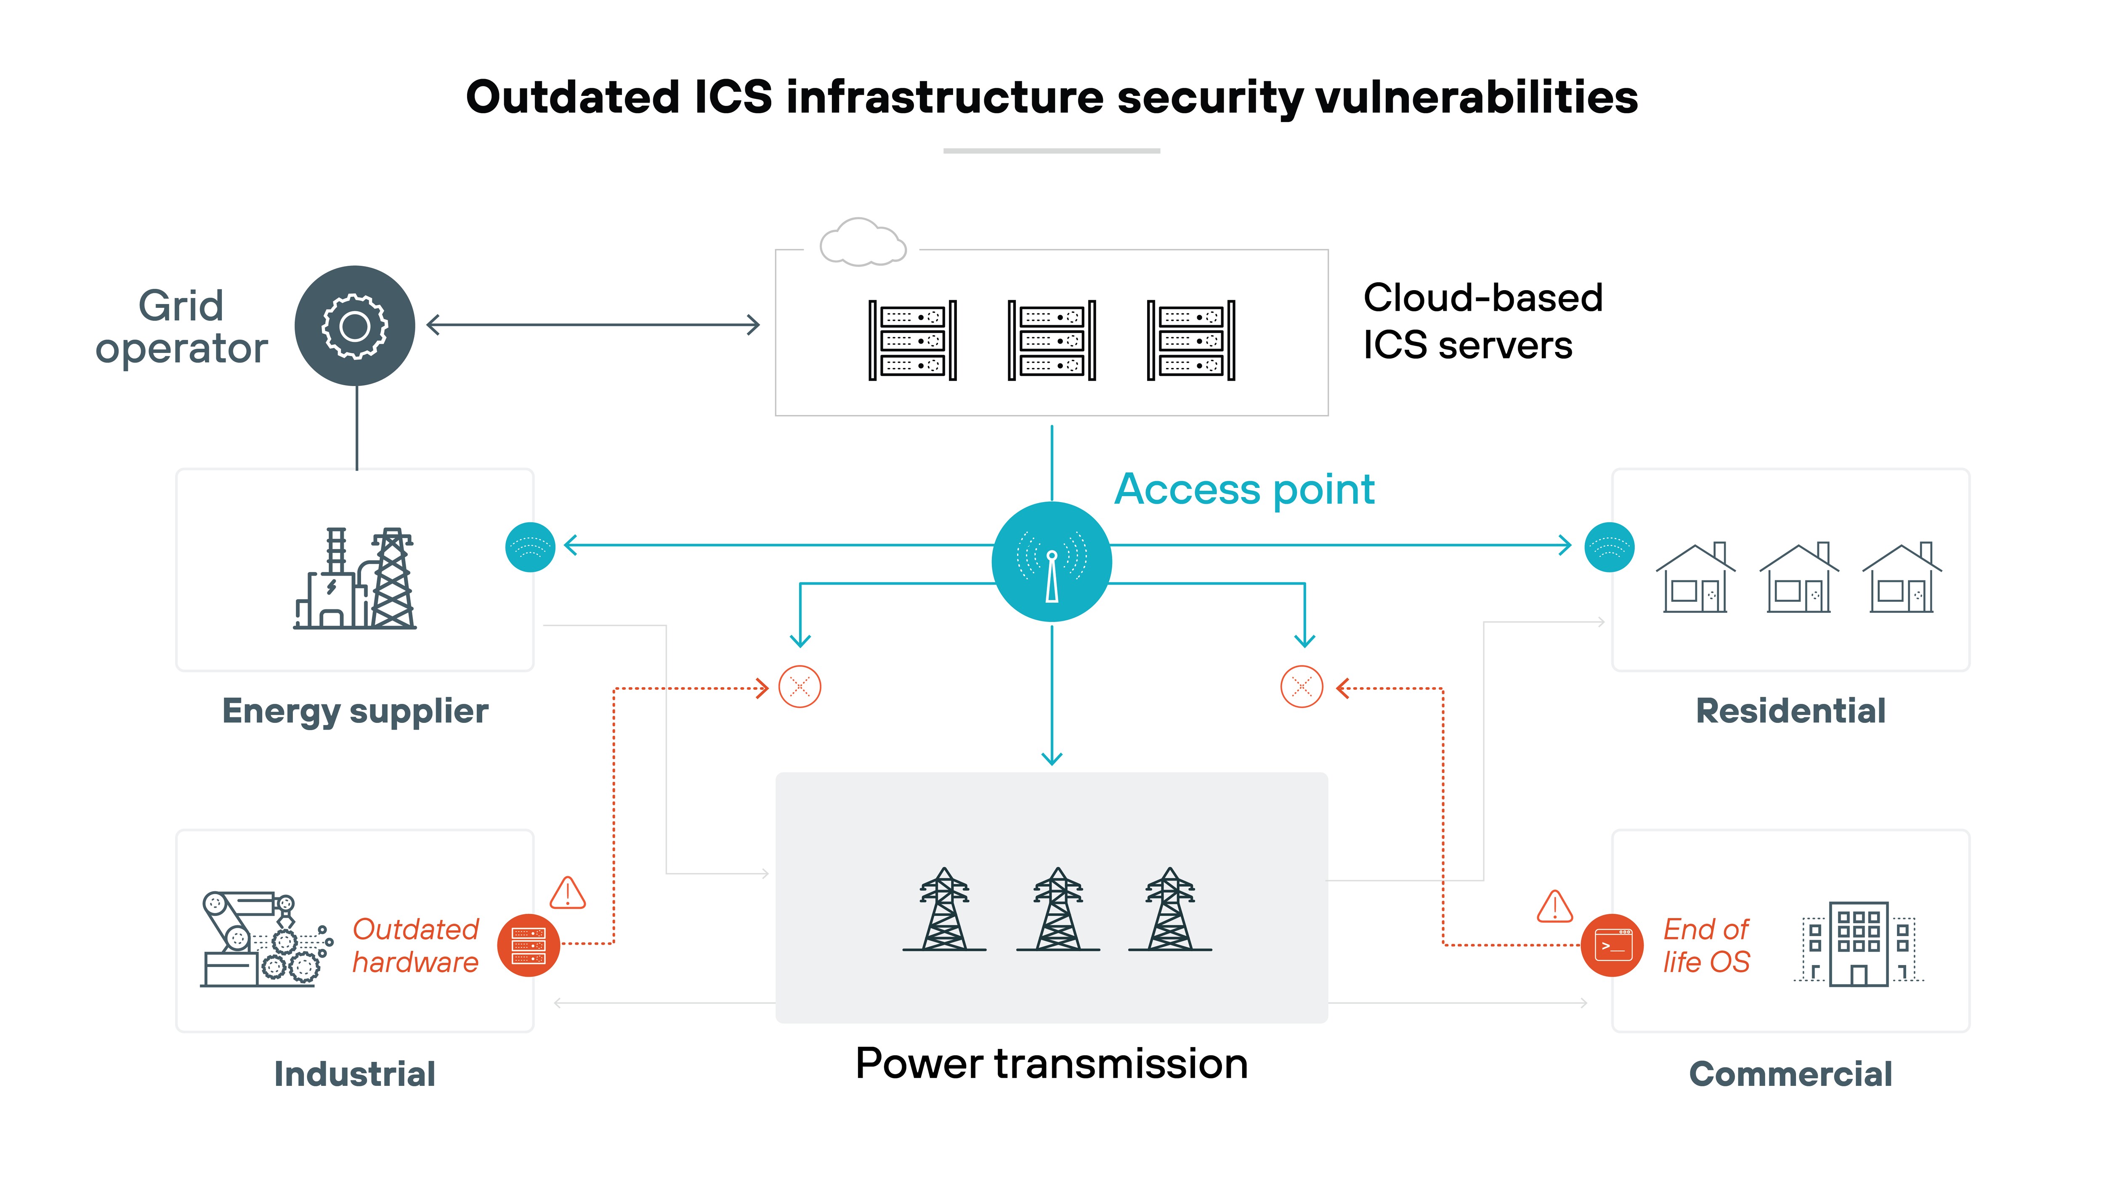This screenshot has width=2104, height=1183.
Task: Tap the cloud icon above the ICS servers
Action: pos(863,243)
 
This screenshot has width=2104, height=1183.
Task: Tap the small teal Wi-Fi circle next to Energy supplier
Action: pos(530,546)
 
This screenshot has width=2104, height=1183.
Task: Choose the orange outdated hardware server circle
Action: pos(529,945)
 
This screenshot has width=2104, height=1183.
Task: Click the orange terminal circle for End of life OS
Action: pos(1613,945)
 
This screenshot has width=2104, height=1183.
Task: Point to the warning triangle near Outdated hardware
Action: pos(568,893)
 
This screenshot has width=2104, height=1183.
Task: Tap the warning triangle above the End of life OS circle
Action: pos(1554,906)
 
